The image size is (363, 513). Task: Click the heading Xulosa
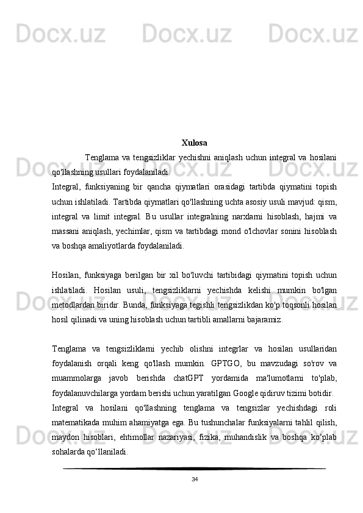click(194, 143)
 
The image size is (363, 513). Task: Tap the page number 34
click(194, 479)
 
